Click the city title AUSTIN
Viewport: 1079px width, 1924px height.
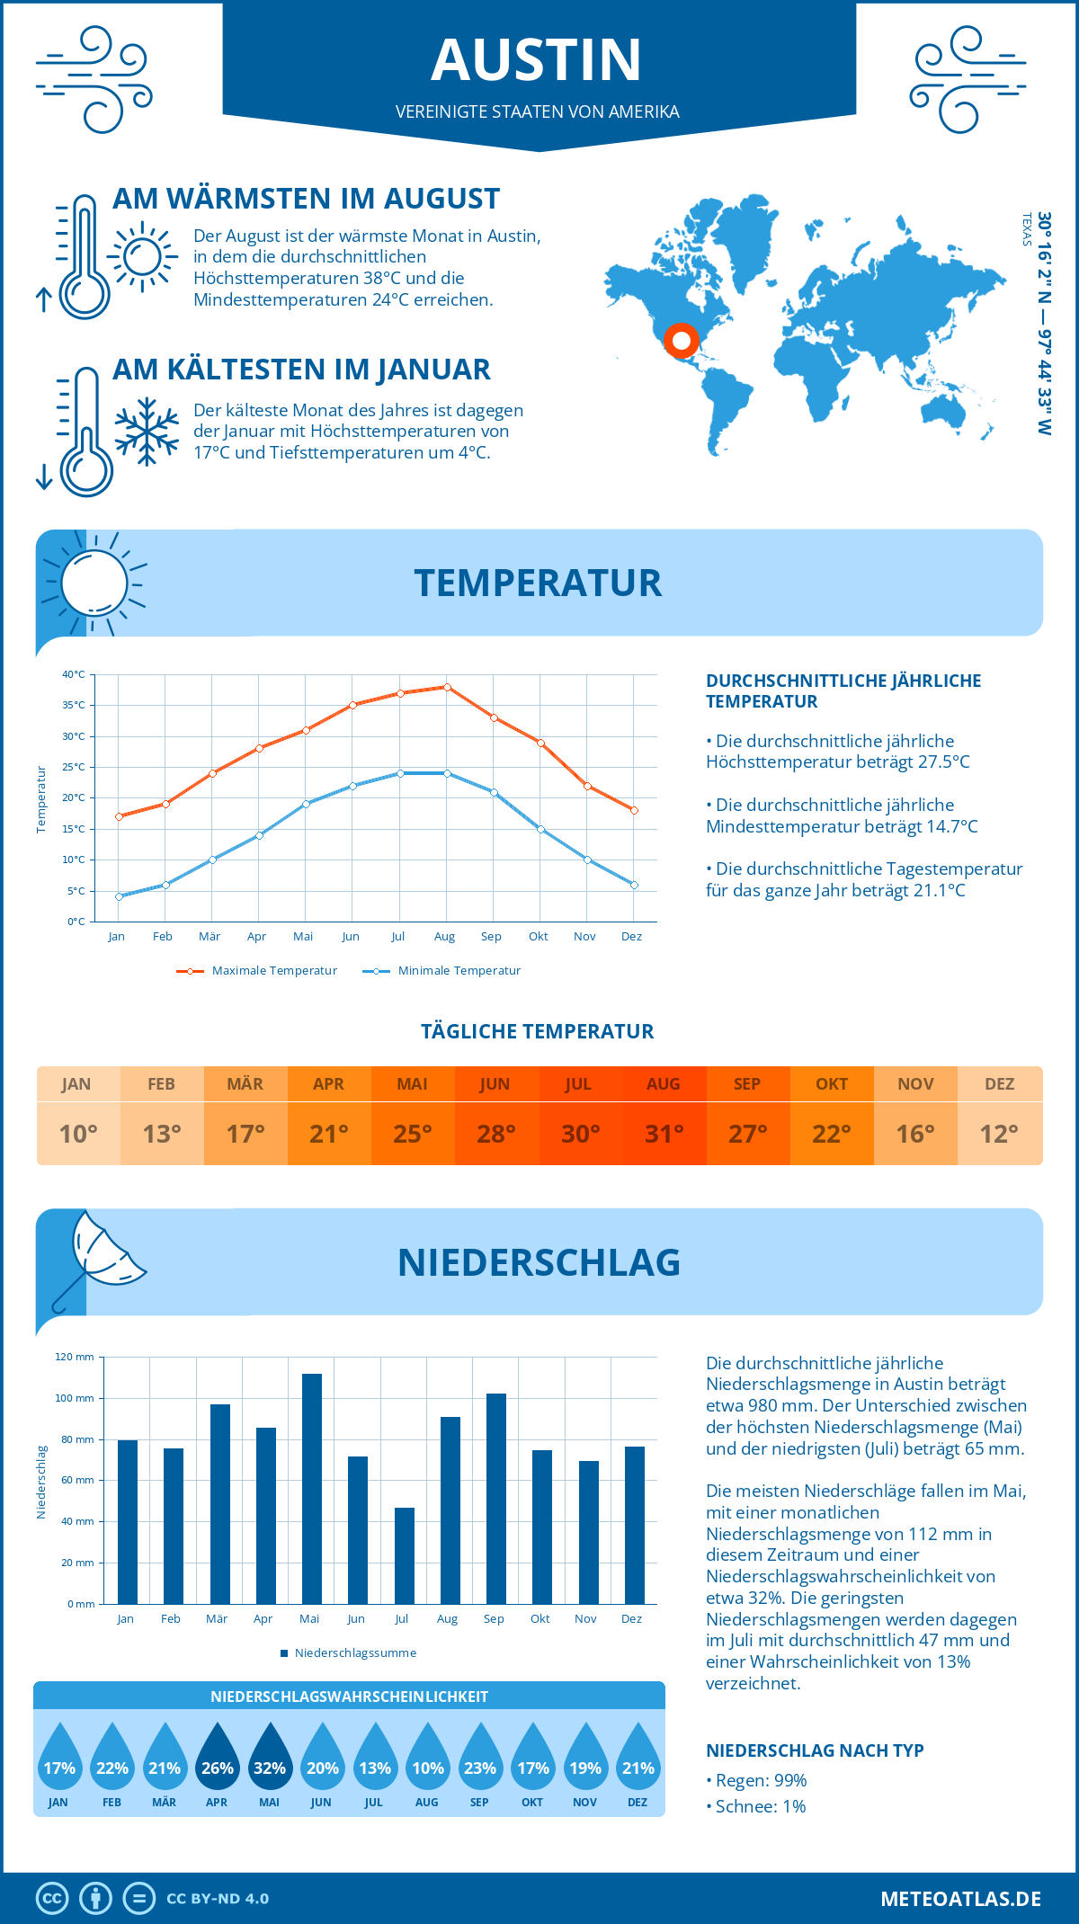(537, 60)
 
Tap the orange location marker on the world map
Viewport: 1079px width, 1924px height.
(681, 341)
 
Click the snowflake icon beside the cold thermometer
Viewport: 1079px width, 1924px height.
(147, 432)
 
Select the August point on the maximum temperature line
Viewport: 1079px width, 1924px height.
(447, 687)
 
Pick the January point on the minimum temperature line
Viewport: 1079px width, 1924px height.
(119, 896)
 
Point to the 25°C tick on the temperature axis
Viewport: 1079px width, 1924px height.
(74, 767)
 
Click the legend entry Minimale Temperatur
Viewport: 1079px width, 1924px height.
(459, 971)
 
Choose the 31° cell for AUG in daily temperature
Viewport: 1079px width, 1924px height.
(664, 1134)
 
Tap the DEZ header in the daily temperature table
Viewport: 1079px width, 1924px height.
(999, 1084)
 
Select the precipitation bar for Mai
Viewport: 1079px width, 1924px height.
(311, 1488)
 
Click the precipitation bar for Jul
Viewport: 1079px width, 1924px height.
(405, 1555)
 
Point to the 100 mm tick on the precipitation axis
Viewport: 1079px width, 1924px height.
(75, 1398)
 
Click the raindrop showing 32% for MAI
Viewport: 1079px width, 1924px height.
(270, 1758)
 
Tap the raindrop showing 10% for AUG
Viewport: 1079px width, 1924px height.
(428, 1758)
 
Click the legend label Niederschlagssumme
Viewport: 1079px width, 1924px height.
(355, 1653)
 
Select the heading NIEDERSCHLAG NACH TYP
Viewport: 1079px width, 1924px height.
(815, 1750)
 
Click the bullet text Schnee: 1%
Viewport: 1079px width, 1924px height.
(760, 1806)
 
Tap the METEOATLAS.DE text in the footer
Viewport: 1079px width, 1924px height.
(960, 1899)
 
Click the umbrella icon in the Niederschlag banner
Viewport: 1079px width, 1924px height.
(99, 1254)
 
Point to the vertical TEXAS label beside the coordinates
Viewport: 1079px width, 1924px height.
(1026, 229)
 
